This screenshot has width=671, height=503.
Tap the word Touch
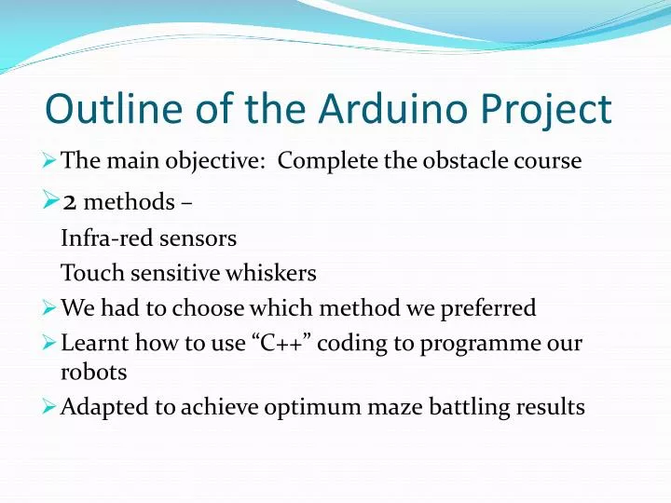tap(85, 273)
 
